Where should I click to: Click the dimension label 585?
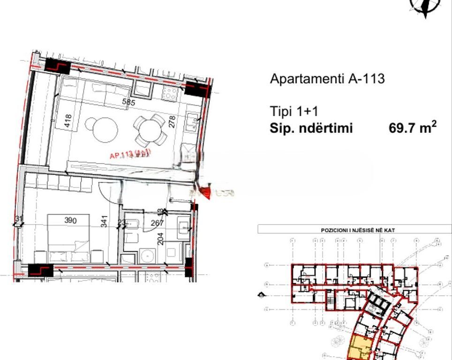(128, 102)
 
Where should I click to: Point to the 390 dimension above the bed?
(70, 220)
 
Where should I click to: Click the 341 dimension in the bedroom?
(104, 221)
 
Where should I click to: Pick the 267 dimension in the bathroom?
(157, 223)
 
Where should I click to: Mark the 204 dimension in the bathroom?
(160, 239)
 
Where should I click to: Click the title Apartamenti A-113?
(327, 78)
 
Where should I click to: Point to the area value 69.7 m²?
(413, 127)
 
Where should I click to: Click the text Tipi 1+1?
(294, 112)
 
